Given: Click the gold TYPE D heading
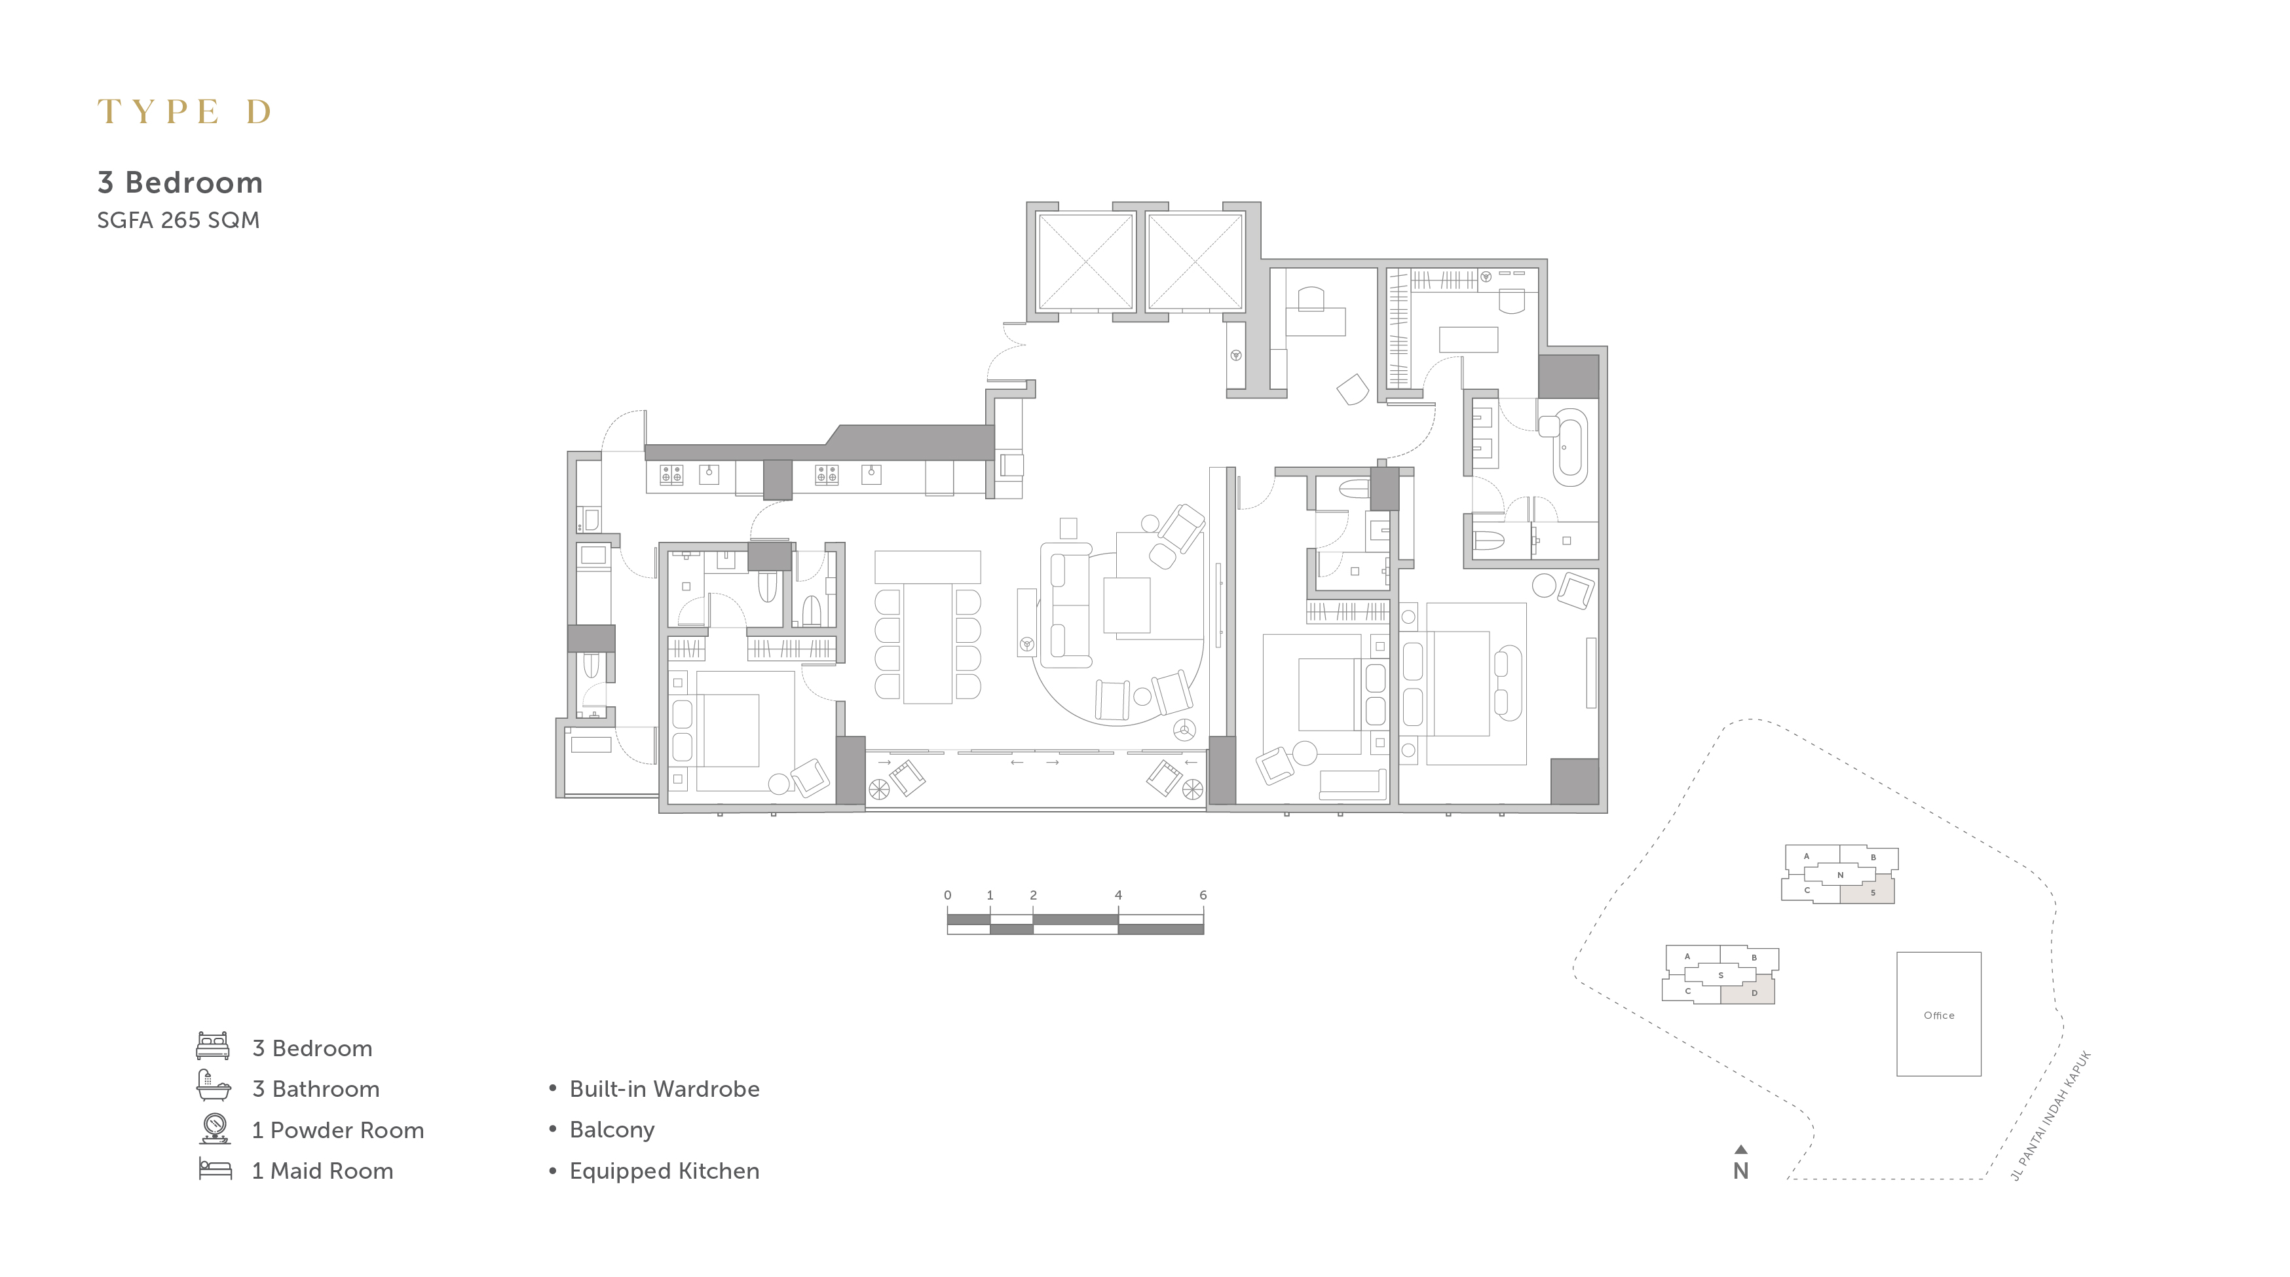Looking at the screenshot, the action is point(184,111).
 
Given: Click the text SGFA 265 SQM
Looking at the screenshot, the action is point(178,221).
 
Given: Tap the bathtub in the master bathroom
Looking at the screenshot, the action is point(1570,448).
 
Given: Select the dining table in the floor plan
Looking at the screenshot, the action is point(928,643).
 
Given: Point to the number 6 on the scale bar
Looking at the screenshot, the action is point(1203,894).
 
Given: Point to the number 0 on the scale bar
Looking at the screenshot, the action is point(948,894).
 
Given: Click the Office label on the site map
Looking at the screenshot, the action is point(1939,1016).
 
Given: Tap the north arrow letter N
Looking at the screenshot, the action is point(1740,1171).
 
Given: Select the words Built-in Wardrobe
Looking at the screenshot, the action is point(664,1090).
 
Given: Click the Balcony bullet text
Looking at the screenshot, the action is point(612,1130).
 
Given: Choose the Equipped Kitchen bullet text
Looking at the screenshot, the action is point(664,1171).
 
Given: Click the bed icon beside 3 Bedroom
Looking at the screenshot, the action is point(214,1046).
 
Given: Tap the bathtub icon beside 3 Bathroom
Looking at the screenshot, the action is point(214,1086).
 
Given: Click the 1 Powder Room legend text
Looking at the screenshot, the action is point(338,1130).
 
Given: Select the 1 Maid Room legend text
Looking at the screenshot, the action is point(323,1171).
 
